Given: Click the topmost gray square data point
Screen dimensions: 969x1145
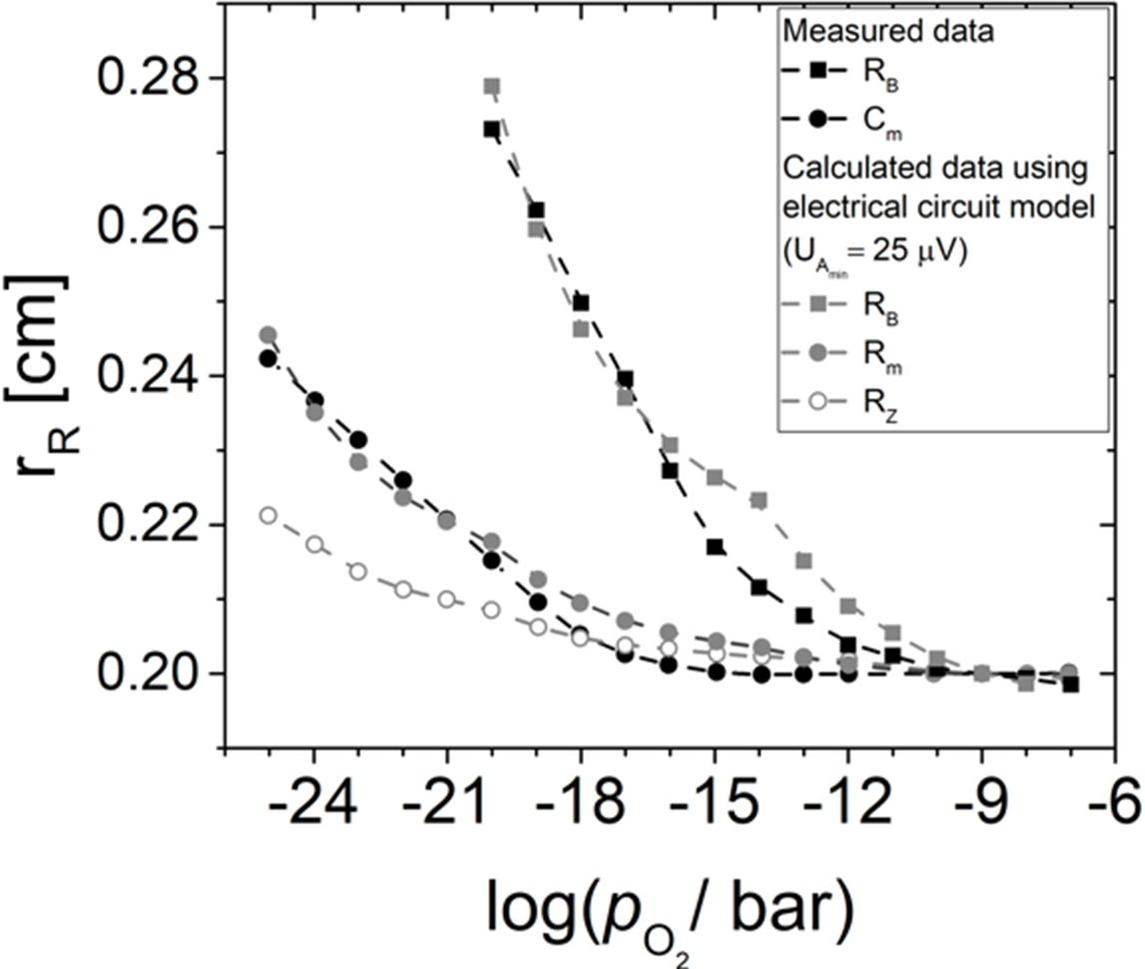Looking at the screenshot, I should point(491,86).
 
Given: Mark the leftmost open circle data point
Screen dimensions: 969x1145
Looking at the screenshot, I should point(268,515).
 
